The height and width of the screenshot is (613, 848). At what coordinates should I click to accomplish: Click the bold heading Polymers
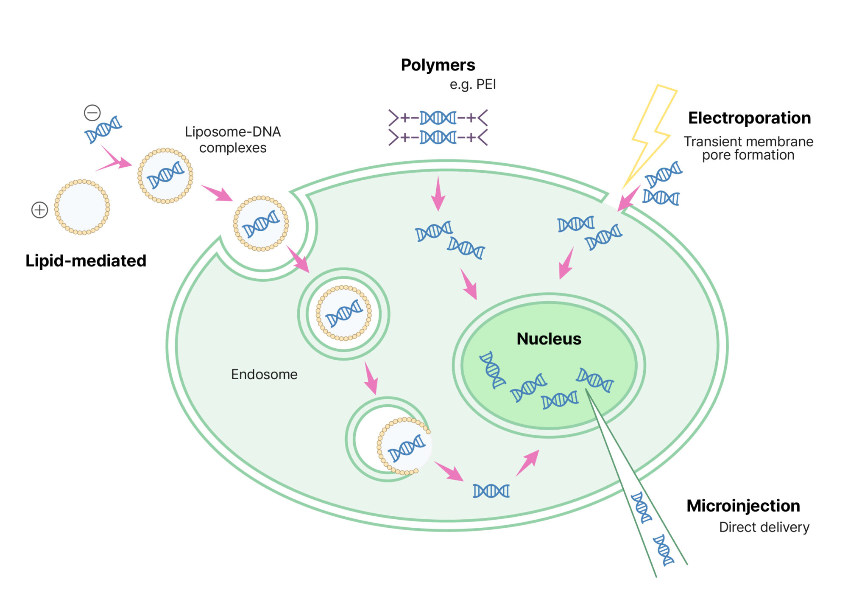438,65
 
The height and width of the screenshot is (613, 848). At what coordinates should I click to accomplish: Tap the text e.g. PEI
472,84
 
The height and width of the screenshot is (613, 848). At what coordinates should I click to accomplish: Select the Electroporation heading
749,118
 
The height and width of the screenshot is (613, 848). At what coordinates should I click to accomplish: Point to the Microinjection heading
743,506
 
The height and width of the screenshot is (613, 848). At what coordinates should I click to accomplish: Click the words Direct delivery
764,527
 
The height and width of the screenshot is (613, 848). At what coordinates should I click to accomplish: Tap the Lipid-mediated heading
86,260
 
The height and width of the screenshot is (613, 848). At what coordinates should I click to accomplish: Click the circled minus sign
92,113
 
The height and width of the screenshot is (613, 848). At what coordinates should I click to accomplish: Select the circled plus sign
39,210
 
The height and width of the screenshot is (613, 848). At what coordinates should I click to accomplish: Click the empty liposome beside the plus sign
82,207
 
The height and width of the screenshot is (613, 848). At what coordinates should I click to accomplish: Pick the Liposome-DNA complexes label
233,140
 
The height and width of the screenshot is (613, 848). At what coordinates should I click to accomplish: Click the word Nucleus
549,339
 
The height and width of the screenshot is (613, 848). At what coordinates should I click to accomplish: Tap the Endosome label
264,374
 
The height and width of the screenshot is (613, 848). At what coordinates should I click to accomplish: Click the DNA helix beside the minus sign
103,129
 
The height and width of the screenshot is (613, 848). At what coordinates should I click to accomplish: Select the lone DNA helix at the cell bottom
491,491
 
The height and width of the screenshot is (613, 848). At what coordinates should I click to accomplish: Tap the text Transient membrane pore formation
748,148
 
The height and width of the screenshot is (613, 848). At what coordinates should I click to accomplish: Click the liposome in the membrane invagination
261,224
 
